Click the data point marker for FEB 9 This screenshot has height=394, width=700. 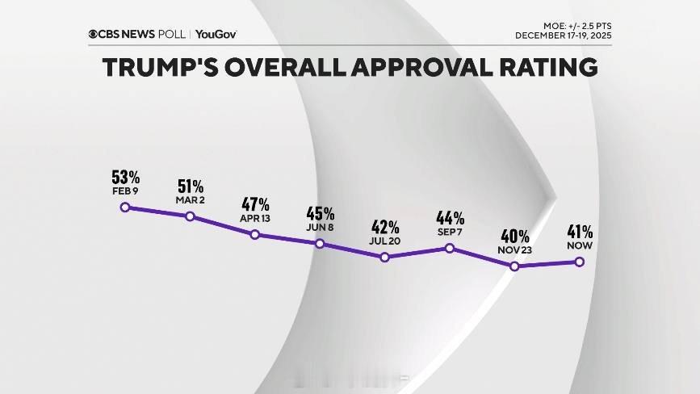pos(125,207)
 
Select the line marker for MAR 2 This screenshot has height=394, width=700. pos(190,216)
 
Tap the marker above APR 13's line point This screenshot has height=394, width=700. pos(255,234)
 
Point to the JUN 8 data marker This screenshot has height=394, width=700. pos(320,243)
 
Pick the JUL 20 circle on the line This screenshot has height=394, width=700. pos(385,257)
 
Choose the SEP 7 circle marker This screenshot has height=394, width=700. pos(450,248)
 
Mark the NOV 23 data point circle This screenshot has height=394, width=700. pos(515,266)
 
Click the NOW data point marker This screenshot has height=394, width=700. pos(580,262)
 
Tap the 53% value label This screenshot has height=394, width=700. pos(127,177)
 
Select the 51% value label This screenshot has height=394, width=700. pos(191,186)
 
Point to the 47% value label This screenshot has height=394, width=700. pos(255,204)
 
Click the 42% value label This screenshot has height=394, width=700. pos(385,227)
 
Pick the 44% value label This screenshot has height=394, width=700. pos(450,217)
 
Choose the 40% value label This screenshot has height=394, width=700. pos(515,236)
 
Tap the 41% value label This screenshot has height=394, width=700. pos(580,232)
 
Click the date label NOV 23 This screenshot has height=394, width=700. pos(515,249)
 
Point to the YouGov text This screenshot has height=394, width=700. pos(216,35)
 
